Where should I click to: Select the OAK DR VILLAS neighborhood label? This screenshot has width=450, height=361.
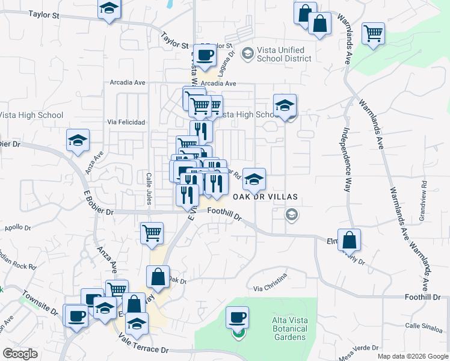click(x=265, y=197)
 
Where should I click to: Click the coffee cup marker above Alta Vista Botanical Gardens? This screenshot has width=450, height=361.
click(x=237, y=316)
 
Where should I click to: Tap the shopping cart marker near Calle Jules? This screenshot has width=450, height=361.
click(x=152, y=233)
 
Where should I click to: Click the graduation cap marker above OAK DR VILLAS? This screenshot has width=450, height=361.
click(x=254, y=179)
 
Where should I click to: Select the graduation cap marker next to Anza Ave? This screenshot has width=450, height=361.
click(x=78, y=140)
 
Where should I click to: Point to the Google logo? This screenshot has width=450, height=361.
click(x=20, y=354)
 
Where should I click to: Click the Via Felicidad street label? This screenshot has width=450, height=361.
click(x=126, y=122)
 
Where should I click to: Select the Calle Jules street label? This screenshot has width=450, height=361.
click(x=148, y=188)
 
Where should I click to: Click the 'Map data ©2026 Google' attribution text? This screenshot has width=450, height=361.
click(x=413, y=356)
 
